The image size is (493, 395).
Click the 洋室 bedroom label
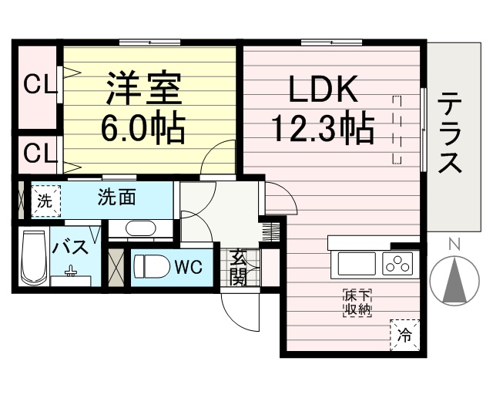tap(144, 89)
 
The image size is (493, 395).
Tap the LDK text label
tap(323, 89)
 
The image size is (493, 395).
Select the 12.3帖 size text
tap(324, 130)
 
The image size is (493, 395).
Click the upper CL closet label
tap(39, 86)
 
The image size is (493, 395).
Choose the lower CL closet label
tap(39, 154)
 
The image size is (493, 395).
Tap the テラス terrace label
tap(450, 133)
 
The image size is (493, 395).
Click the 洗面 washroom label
tap(116, 197)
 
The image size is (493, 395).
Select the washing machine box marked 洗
tap(46, 201)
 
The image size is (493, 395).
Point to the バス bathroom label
tap(70, 248)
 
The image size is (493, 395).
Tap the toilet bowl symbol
tap(151, 267)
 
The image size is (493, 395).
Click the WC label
tap(189, 268)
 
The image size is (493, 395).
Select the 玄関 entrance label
tap(238, 267)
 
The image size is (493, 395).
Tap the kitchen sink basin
tap(357, 264)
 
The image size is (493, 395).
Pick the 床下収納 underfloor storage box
tap(357, 302)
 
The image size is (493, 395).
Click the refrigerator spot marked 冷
tap(405, 335)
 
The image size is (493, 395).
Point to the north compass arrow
tap(454, 279)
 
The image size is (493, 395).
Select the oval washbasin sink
tap(140, 228)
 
